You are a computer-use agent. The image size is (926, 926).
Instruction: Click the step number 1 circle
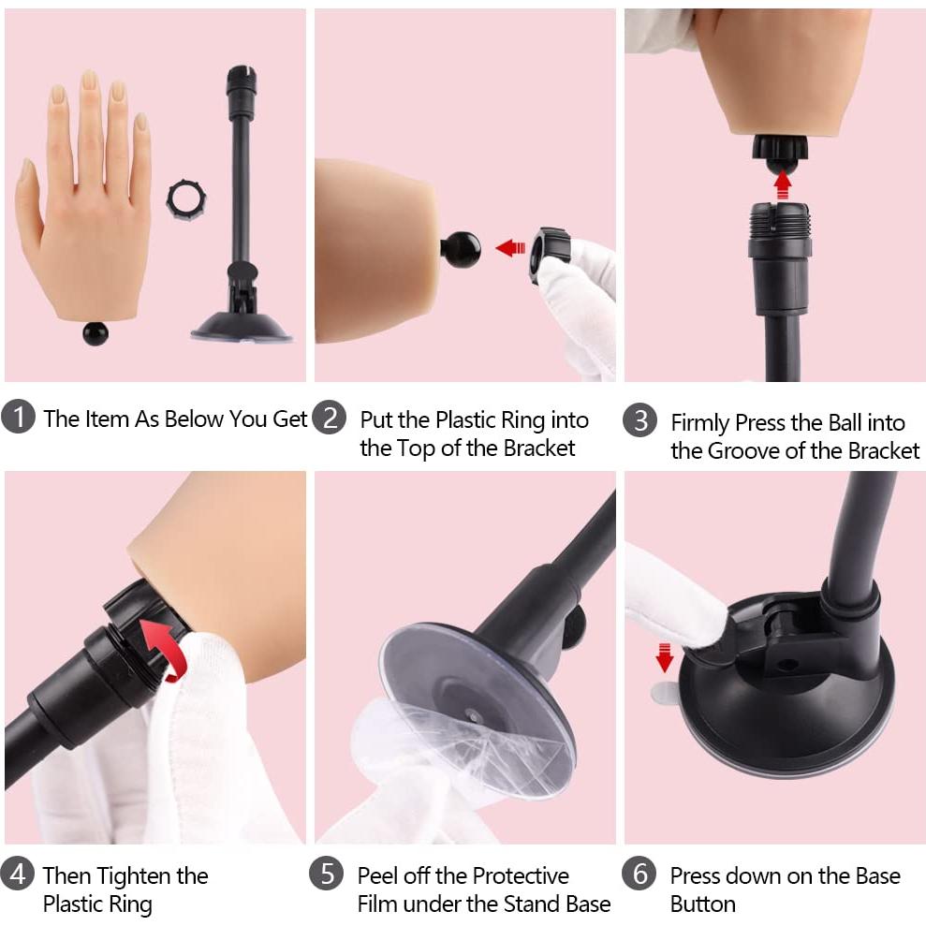tap(18, 417)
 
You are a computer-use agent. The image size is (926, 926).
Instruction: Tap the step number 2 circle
tap(329, 418)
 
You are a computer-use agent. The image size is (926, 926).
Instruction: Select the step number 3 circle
tap(640, 419)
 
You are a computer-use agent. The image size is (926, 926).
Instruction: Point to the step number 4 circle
tap(18, 873)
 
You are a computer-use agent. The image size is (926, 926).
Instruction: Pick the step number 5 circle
tap(326, 873)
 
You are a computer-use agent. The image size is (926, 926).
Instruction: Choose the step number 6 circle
tap(639, 873)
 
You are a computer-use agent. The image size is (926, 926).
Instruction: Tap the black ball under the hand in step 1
tap(96, 333)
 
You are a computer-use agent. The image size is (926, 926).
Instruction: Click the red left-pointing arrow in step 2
tap(510, 248)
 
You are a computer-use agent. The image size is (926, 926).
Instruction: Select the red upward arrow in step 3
tap(783, 184)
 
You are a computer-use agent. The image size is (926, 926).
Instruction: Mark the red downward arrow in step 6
tap(665, 657)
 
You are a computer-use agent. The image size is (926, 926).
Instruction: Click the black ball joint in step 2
tap(461, 249)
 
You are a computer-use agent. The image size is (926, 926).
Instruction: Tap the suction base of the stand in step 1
tap(242, 327)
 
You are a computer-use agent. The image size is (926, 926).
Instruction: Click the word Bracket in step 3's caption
tap(884, 450)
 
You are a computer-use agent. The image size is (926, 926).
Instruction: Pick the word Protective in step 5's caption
tap(521, 875)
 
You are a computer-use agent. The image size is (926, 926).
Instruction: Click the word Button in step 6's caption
tap(703, 904)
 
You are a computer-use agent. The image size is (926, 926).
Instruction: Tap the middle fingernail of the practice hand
tap(89, 80)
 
